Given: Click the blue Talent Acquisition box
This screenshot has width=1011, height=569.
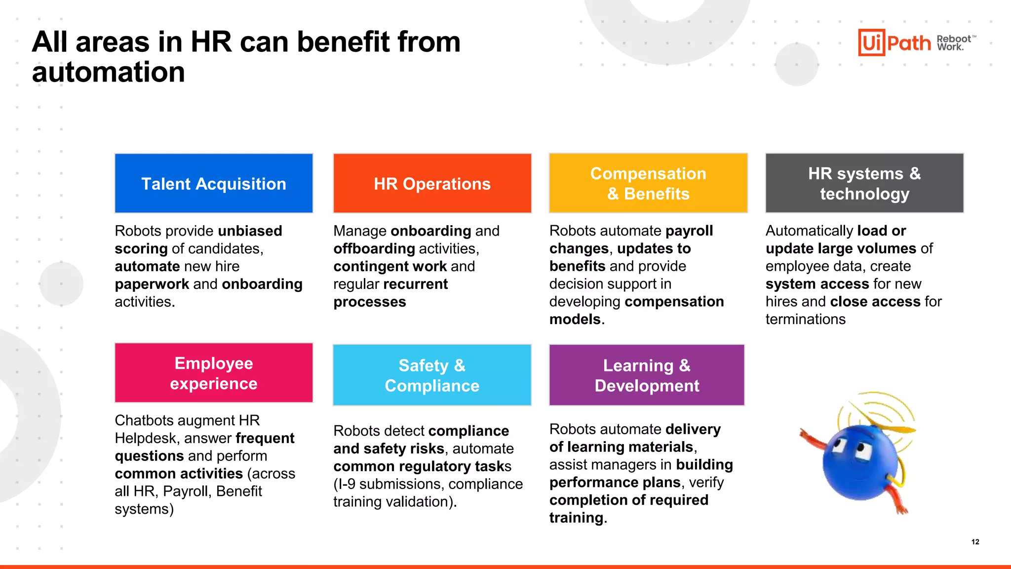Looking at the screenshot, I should pyautogui.click(x=214, y=183).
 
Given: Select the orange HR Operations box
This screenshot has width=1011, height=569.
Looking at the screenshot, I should pyautogui.click(x=432, y=183).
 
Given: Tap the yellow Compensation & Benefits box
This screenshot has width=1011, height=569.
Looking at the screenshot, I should pyautogui.click(x=648, y=183).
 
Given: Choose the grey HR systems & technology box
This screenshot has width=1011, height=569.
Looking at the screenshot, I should pyautogui.click(x=864, y=183).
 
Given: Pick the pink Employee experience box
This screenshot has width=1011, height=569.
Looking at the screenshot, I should pyautogui.click(x=214, y=373).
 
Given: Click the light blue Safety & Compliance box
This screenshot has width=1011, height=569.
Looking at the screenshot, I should pyautogui.click(x=432, y=375).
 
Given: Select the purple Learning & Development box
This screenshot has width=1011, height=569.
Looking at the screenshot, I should pyautogui.click(x=647, y=375).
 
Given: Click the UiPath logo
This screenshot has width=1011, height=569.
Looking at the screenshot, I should pyautogui.click(x=894, y=42).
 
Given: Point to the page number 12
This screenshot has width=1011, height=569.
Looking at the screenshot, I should pyautogui.click(x=975, y=542).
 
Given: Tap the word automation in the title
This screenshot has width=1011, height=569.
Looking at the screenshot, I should pyautogui.click(x=109, y=72).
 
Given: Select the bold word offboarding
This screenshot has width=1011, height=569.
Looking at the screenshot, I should pyautogui.click(x=374, y=248).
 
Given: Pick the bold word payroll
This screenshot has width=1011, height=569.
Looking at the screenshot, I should pyautogui.click(x=689, y=231).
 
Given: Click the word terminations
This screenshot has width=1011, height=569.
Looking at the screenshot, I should pyautogui.click(x=805, y=319).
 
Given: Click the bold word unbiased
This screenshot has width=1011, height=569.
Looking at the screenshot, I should pyautogui.click(x=250, y=231).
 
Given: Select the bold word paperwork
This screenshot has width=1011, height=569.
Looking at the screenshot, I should pyautogui.click(x=152, y=284).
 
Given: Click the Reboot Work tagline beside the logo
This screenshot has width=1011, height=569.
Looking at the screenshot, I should pyautogui.click(x=954, y=43).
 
